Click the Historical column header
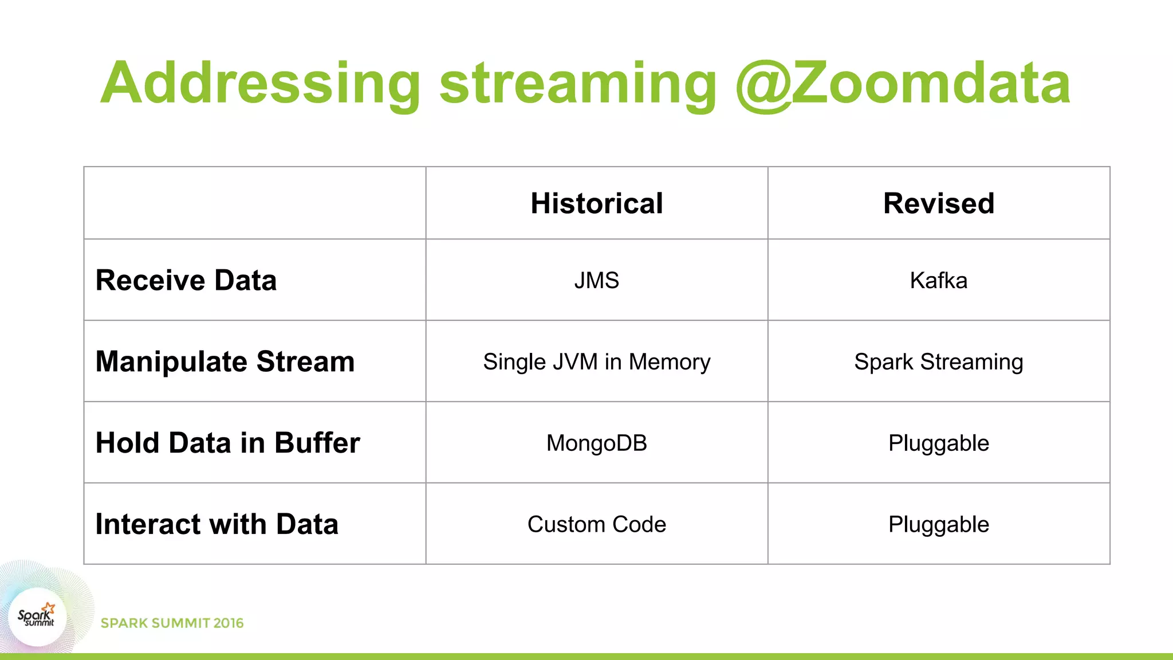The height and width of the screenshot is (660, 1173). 596,203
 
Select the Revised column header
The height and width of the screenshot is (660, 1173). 938,203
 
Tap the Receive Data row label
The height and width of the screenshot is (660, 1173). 186,280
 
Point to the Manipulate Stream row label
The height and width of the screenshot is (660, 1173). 225,362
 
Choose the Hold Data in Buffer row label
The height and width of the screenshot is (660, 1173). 227,443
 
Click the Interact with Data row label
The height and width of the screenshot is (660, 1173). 217,524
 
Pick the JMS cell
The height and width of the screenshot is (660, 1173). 596,281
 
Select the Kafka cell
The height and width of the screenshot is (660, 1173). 938,281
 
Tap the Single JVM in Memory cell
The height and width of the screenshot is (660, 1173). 596,362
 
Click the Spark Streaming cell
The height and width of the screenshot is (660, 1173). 938,362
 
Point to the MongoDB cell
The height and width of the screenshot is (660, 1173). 596,443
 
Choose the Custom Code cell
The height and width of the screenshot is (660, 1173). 596,525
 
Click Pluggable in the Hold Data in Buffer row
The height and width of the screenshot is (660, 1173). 938,443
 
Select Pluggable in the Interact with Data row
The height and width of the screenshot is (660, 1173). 938,525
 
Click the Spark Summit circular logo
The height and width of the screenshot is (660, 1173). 37,617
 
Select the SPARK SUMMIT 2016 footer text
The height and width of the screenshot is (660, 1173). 172,623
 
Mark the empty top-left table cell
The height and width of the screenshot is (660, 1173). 255,203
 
